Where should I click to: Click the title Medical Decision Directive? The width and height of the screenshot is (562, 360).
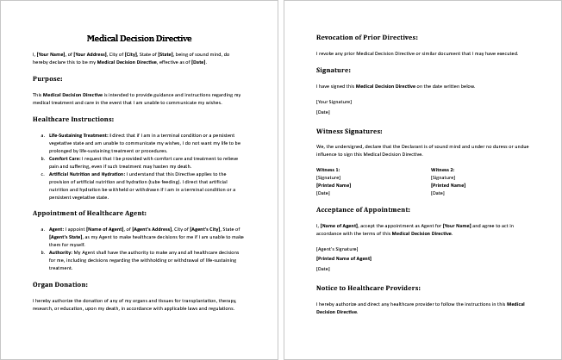pyautogui.click(x=139, y=38)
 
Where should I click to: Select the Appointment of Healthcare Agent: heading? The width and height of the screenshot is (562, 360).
pyautogui.click(x=90, y=212)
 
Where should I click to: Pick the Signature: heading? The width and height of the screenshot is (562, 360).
pyautogui.click(x=334, y=70)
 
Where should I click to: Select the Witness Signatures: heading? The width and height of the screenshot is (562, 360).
pyautogui.click(x=349, y=131)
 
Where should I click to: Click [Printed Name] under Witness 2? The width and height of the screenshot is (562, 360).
pyautogui.click(x=447, y=185)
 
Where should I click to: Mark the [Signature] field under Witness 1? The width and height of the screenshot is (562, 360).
pyautogui.click(x=328, y=177)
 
